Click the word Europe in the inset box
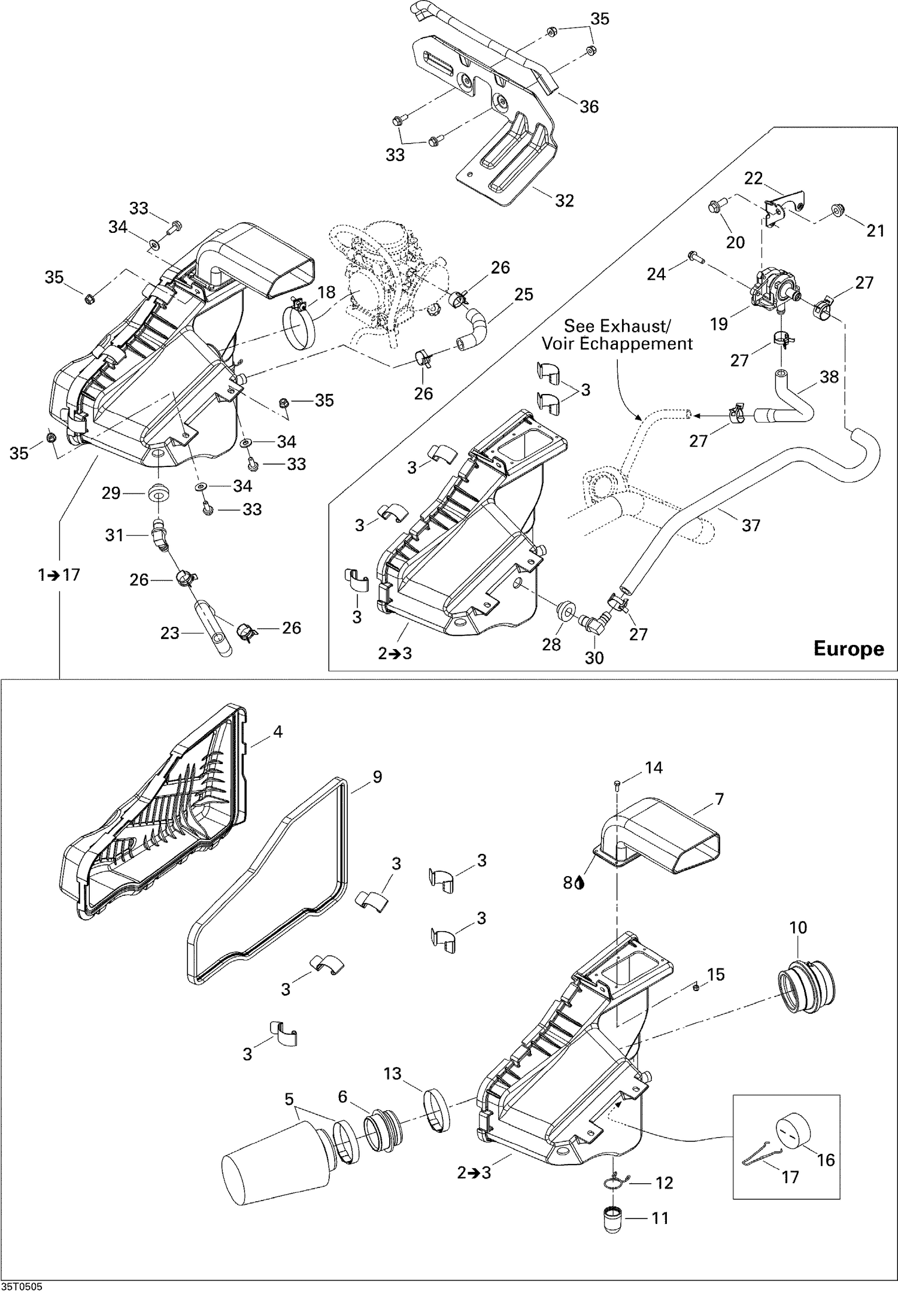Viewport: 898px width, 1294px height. (848, 649)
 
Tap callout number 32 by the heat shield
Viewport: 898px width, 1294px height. (564, 200)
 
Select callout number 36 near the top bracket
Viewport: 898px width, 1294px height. (589, 107)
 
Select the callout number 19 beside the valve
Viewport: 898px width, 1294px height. (719, 324)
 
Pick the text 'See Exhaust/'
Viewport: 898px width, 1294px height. (617, 326)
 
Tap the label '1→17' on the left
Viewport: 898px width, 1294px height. (58, 575)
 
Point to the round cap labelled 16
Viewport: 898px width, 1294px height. (794, 1131)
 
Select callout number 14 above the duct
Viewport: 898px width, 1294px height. (653, 768)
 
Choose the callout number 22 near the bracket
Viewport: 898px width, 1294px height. (754, 178)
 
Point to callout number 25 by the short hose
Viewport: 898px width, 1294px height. (523, 294)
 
